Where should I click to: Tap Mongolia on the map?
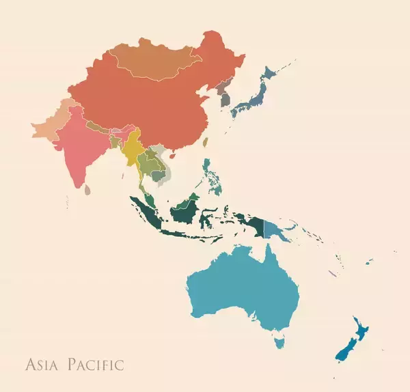(x=157, y=58)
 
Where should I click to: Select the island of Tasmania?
(x=279, y=340)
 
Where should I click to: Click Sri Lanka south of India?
(x=87, y=188)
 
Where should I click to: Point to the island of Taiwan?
(x=205, y=143)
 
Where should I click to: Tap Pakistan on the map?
(x=51, y=126)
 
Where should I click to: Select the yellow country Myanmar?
(x=131, y=147)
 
